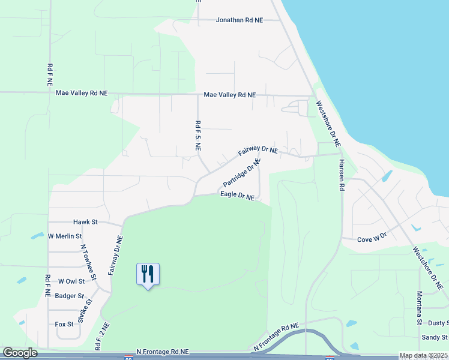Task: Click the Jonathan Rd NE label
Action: pos(240,20)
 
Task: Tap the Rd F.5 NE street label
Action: pos(197,136)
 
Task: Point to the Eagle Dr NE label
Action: pos(237,196)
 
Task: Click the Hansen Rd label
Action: pos(341,175)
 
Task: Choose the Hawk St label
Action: pos(85,222)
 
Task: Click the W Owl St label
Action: pos(71,281)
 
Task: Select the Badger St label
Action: pos(69,296)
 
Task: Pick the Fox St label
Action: pos(64,324)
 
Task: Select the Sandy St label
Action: pos(435,338)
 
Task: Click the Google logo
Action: pos(20,353)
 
